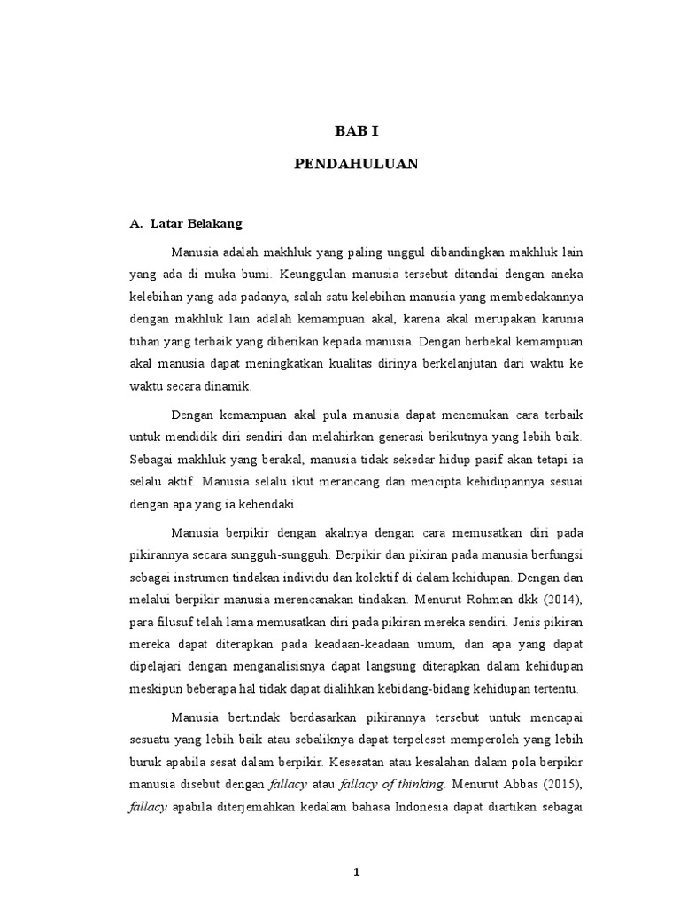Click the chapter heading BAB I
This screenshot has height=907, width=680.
point(356,131)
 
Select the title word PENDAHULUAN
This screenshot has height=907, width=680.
point(356,165)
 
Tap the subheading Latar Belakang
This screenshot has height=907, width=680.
point(190,225)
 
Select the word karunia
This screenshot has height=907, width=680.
point(560,318)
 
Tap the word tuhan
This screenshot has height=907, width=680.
point(145,341)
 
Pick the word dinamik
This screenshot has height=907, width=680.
point(231,386)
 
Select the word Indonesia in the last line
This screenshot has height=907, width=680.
point(415,807)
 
